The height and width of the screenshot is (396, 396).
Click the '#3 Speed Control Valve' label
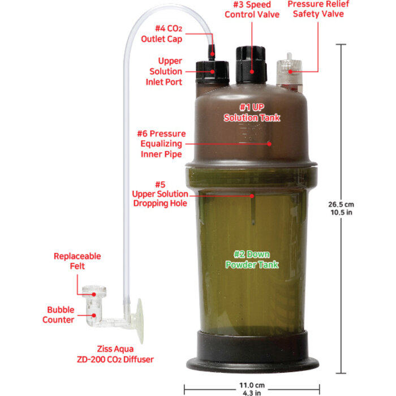point(252,9)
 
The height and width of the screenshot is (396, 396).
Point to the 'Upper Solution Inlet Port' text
point(166,71)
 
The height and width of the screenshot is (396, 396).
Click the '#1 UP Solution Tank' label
point(252,112)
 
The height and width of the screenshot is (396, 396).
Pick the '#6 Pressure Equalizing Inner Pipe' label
point(161,144)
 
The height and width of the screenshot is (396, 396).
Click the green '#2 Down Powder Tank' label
point(252,259)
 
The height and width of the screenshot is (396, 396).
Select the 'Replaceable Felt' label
point(77,261)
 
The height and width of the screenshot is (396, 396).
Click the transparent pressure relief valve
point(288,74)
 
